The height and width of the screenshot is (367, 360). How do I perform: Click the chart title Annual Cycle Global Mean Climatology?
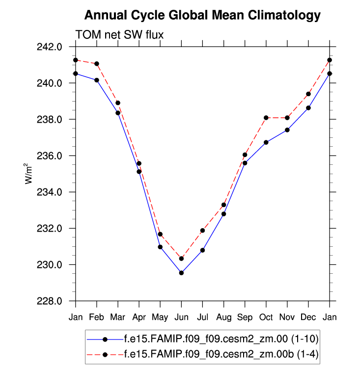coord(202,15)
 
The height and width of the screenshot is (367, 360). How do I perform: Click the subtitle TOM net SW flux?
coord(119,34)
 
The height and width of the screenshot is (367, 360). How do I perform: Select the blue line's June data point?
coord(181,273)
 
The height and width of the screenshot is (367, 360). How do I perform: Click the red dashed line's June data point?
coord(181,259)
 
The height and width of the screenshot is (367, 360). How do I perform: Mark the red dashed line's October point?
coord(266,118)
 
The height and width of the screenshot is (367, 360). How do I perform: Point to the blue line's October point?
coord(266,142)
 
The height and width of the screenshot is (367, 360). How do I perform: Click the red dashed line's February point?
coord(97,64)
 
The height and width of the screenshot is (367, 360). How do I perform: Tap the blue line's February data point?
coord(97,80)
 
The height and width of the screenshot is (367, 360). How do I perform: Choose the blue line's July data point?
coord(202,250)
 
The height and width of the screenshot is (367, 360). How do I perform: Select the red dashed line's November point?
coord(287,118)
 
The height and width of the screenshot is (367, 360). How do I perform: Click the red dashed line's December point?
coord(308,94)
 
